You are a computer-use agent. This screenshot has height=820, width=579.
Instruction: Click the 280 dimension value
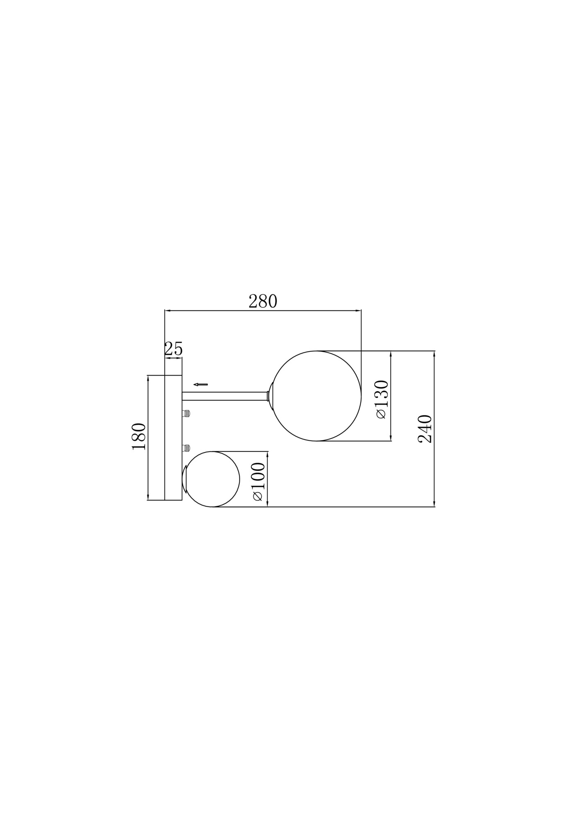263,302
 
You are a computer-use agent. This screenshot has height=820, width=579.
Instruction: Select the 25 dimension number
173,349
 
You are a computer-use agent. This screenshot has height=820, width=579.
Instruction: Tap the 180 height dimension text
139,437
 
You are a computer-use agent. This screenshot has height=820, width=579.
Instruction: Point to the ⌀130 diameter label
382,399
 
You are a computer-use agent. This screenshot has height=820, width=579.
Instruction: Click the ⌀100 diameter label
258,481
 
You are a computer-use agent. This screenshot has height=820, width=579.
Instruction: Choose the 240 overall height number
425,429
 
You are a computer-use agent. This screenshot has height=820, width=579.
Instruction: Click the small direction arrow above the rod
201,385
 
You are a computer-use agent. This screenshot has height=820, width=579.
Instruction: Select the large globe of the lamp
317,396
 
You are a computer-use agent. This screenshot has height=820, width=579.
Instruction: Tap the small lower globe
213,479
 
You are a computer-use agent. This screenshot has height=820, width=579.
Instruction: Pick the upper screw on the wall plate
187,413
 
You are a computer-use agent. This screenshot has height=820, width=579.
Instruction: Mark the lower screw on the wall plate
187,448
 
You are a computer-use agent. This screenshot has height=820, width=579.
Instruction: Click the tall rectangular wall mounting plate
173,437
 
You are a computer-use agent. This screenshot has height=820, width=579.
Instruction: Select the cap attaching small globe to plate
184,479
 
